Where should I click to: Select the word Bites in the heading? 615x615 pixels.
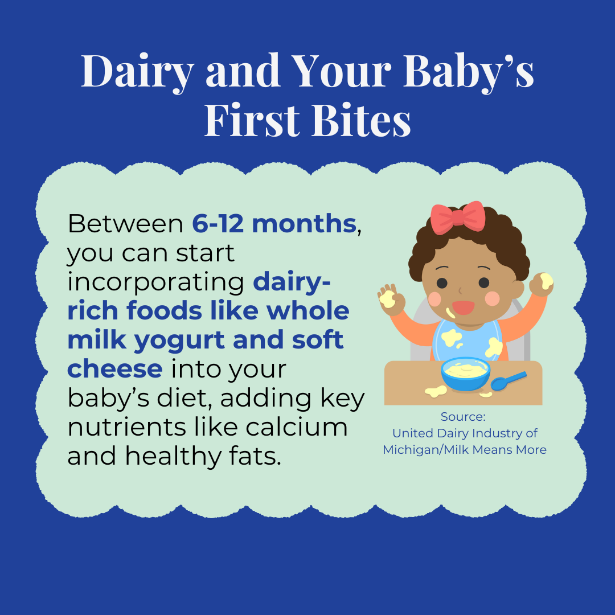click(362, 121)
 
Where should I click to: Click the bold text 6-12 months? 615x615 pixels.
click(273, 224)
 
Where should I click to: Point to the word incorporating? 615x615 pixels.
click(156, 283)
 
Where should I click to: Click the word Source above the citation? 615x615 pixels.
click(463, 416)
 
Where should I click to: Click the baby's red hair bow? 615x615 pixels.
click(458, 217)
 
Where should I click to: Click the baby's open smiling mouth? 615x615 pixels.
click(463, 307)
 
